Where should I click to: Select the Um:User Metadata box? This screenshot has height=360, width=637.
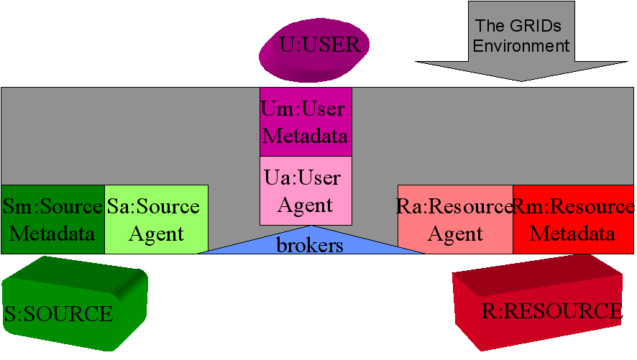click(306, 121)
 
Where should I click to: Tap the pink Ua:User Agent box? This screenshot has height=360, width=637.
click(306, 190)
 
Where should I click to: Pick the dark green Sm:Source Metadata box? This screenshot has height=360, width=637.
click(52, 219)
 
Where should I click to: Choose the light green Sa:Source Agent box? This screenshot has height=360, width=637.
click(156, 219)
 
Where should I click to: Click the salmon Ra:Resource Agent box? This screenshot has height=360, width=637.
click(454, 219)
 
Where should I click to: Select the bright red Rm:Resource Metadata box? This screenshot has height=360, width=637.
click(573, 219)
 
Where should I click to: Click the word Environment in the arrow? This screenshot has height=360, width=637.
click(522, 46)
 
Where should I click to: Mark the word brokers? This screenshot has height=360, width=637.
click(311, 245)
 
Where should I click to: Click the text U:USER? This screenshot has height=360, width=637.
click(319, 46)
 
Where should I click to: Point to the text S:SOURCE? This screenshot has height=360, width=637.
click(58, 314)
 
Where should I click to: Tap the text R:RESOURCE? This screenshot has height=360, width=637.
click(551, 311)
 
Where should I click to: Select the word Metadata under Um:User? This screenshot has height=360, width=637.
click(306, 136)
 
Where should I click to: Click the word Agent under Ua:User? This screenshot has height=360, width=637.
click(306, 205)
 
